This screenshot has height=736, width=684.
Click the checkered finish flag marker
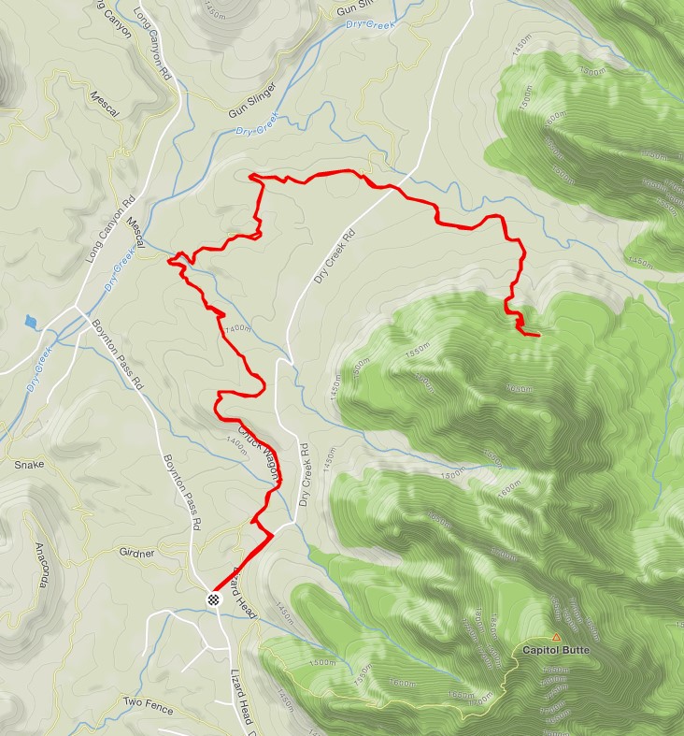[x=214, y=599]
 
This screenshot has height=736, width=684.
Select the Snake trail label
[x=29, y=464]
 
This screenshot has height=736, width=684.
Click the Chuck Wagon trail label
[x=258, y=455]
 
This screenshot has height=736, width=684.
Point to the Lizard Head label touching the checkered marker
[x=242, y=592]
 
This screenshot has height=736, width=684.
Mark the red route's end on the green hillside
[x=539, y=334]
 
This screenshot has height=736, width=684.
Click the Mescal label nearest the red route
[x=135, y=234]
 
